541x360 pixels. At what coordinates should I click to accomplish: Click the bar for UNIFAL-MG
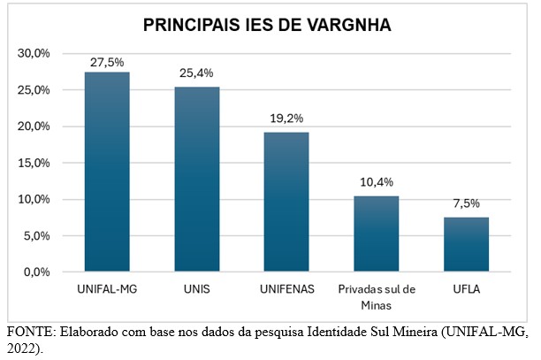pos(107,172)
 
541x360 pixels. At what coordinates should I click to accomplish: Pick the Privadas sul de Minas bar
pos(377,234)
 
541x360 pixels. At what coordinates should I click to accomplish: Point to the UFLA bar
pos(466,244)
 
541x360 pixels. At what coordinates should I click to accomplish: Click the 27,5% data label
pos(107,62)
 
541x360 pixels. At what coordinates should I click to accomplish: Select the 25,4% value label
pos(196,73)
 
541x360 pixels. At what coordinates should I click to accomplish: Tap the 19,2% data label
pos(286,118)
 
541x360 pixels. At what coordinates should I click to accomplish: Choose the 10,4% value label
pos(377,182)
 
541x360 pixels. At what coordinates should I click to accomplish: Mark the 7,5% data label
pos(466,203)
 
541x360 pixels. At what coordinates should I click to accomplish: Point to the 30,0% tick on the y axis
pos(34,54)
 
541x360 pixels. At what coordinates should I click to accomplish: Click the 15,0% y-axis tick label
pos(34,163)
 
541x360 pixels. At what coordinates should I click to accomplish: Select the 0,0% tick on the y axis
pos(37,272)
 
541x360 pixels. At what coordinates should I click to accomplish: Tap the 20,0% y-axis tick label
pos(34,126)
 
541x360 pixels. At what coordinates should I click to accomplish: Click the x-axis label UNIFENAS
pos(286,289)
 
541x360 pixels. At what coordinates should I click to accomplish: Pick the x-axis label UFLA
pos(466,289)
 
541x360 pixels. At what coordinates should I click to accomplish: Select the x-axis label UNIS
pos(196,289)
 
